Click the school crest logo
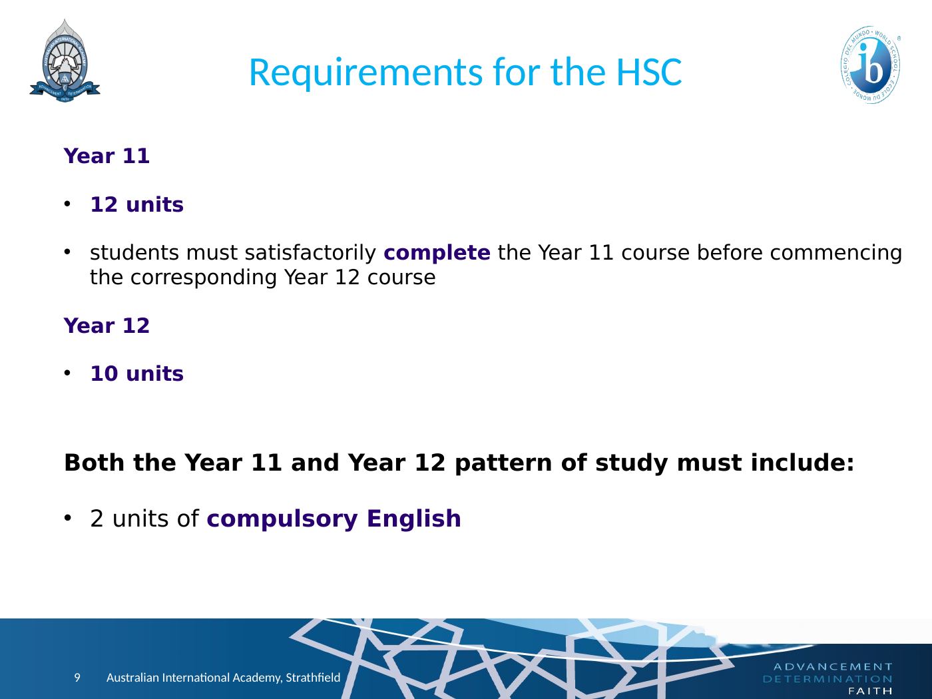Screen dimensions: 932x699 tap(65, 61)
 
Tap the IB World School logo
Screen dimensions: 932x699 tap(871, 65)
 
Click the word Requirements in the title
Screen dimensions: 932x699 tap(366, 73)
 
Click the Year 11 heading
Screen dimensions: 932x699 tap(107, 156)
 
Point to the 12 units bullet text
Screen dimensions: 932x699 tap(136, 204)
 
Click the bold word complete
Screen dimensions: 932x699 tap(437, 253)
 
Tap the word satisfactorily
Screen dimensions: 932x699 tap(310, 253)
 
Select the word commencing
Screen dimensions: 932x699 tap(836, 254)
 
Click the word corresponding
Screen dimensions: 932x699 tap(204, 278)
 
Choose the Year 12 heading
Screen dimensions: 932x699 tap(107, 326)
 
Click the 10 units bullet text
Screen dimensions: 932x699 tap(136, 373)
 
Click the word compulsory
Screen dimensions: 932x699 tap(282, 519)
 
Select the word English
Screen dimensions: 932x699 tap(413, 519)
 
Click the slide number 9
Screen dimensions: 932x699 tap(77, 677)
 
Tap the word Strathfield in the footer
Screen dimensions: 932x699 tap(313, 677)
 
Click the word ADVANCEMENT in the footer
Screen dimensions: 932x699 tap(833, 667)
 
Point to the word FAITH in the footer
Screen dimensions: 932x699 tap(871, 692)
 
